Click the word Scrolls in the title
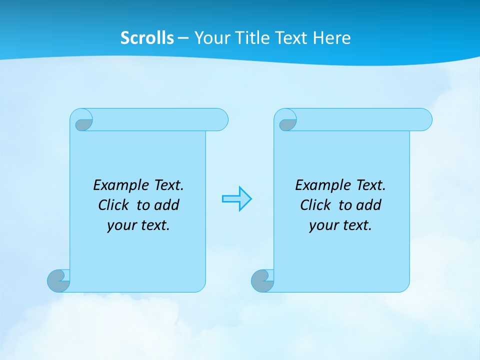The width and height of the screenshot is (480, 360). [x=147, y=38]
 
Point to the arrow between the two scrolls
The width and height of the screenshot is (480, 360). [x=237, y=199]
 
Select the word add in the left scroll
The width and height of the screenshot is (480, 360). [x=166, y=205]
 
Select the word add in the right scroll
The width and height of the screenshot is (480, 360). [x=368, y=205]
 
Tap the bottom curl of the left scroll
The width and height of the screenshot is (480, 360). [x=58, y=281]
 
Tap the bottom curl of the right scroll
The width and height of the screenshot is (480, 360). [x=262, y=281]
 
